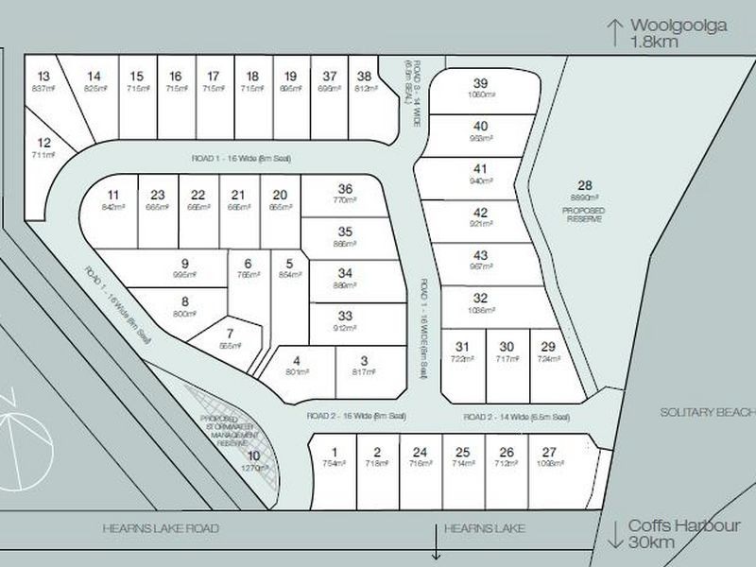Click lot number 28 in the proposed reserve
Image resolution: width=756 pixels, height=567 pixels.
pyautogui.click(x=582, y=185)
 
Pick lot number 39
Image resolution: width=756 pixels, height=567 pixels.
pyautogui.click(x=480, y=83)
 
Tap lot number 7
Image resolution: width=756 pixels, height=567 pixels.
pyautogui.click(x=229, y=334)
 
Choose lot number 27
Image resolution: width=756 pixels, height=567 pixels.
pyautogui.click(x=551, y=452)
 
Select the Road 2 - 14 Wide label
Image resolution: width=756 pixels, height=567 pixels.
pyautogui.click(x=516, y=417)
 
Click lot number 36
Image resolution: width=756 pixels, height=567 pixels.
pyautogui.click(x=346, y=189)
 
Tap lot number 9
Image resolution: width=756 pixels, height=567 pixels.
pyautogui.click(x=185, y=264)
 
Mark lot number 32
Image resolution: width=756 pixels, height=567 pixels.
pyautogui.click(x=480, y=298)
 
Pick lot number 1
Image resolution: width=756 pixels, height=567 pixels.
pyautogui.click(x=334, y=452)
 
